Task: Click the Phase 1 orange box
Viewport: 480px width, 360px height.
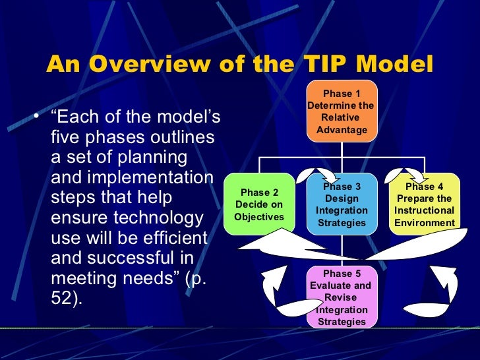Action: tap(342, 111)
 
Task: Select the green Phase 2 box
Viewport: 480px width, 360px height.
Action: tap(259, 204)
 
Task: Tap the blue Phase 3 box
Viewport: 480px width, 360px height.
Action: tap(342, 204)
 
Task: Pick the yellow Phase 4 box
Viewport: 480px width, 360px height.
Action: tap(424, 204)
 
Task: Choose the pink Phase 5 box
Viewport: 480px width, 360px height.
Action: tap(342, 297)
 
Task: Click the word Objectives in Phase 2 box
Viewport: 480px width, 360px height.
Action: tap(259, 217)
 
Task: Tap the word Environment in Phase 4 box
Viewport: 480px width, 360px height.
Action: tap(424, 223)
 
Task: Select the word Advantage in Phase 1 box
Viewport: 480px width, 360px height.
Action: tap(342, 129)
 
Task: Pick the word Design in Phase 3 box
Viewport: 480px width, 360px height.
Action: tap(342, 198)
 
